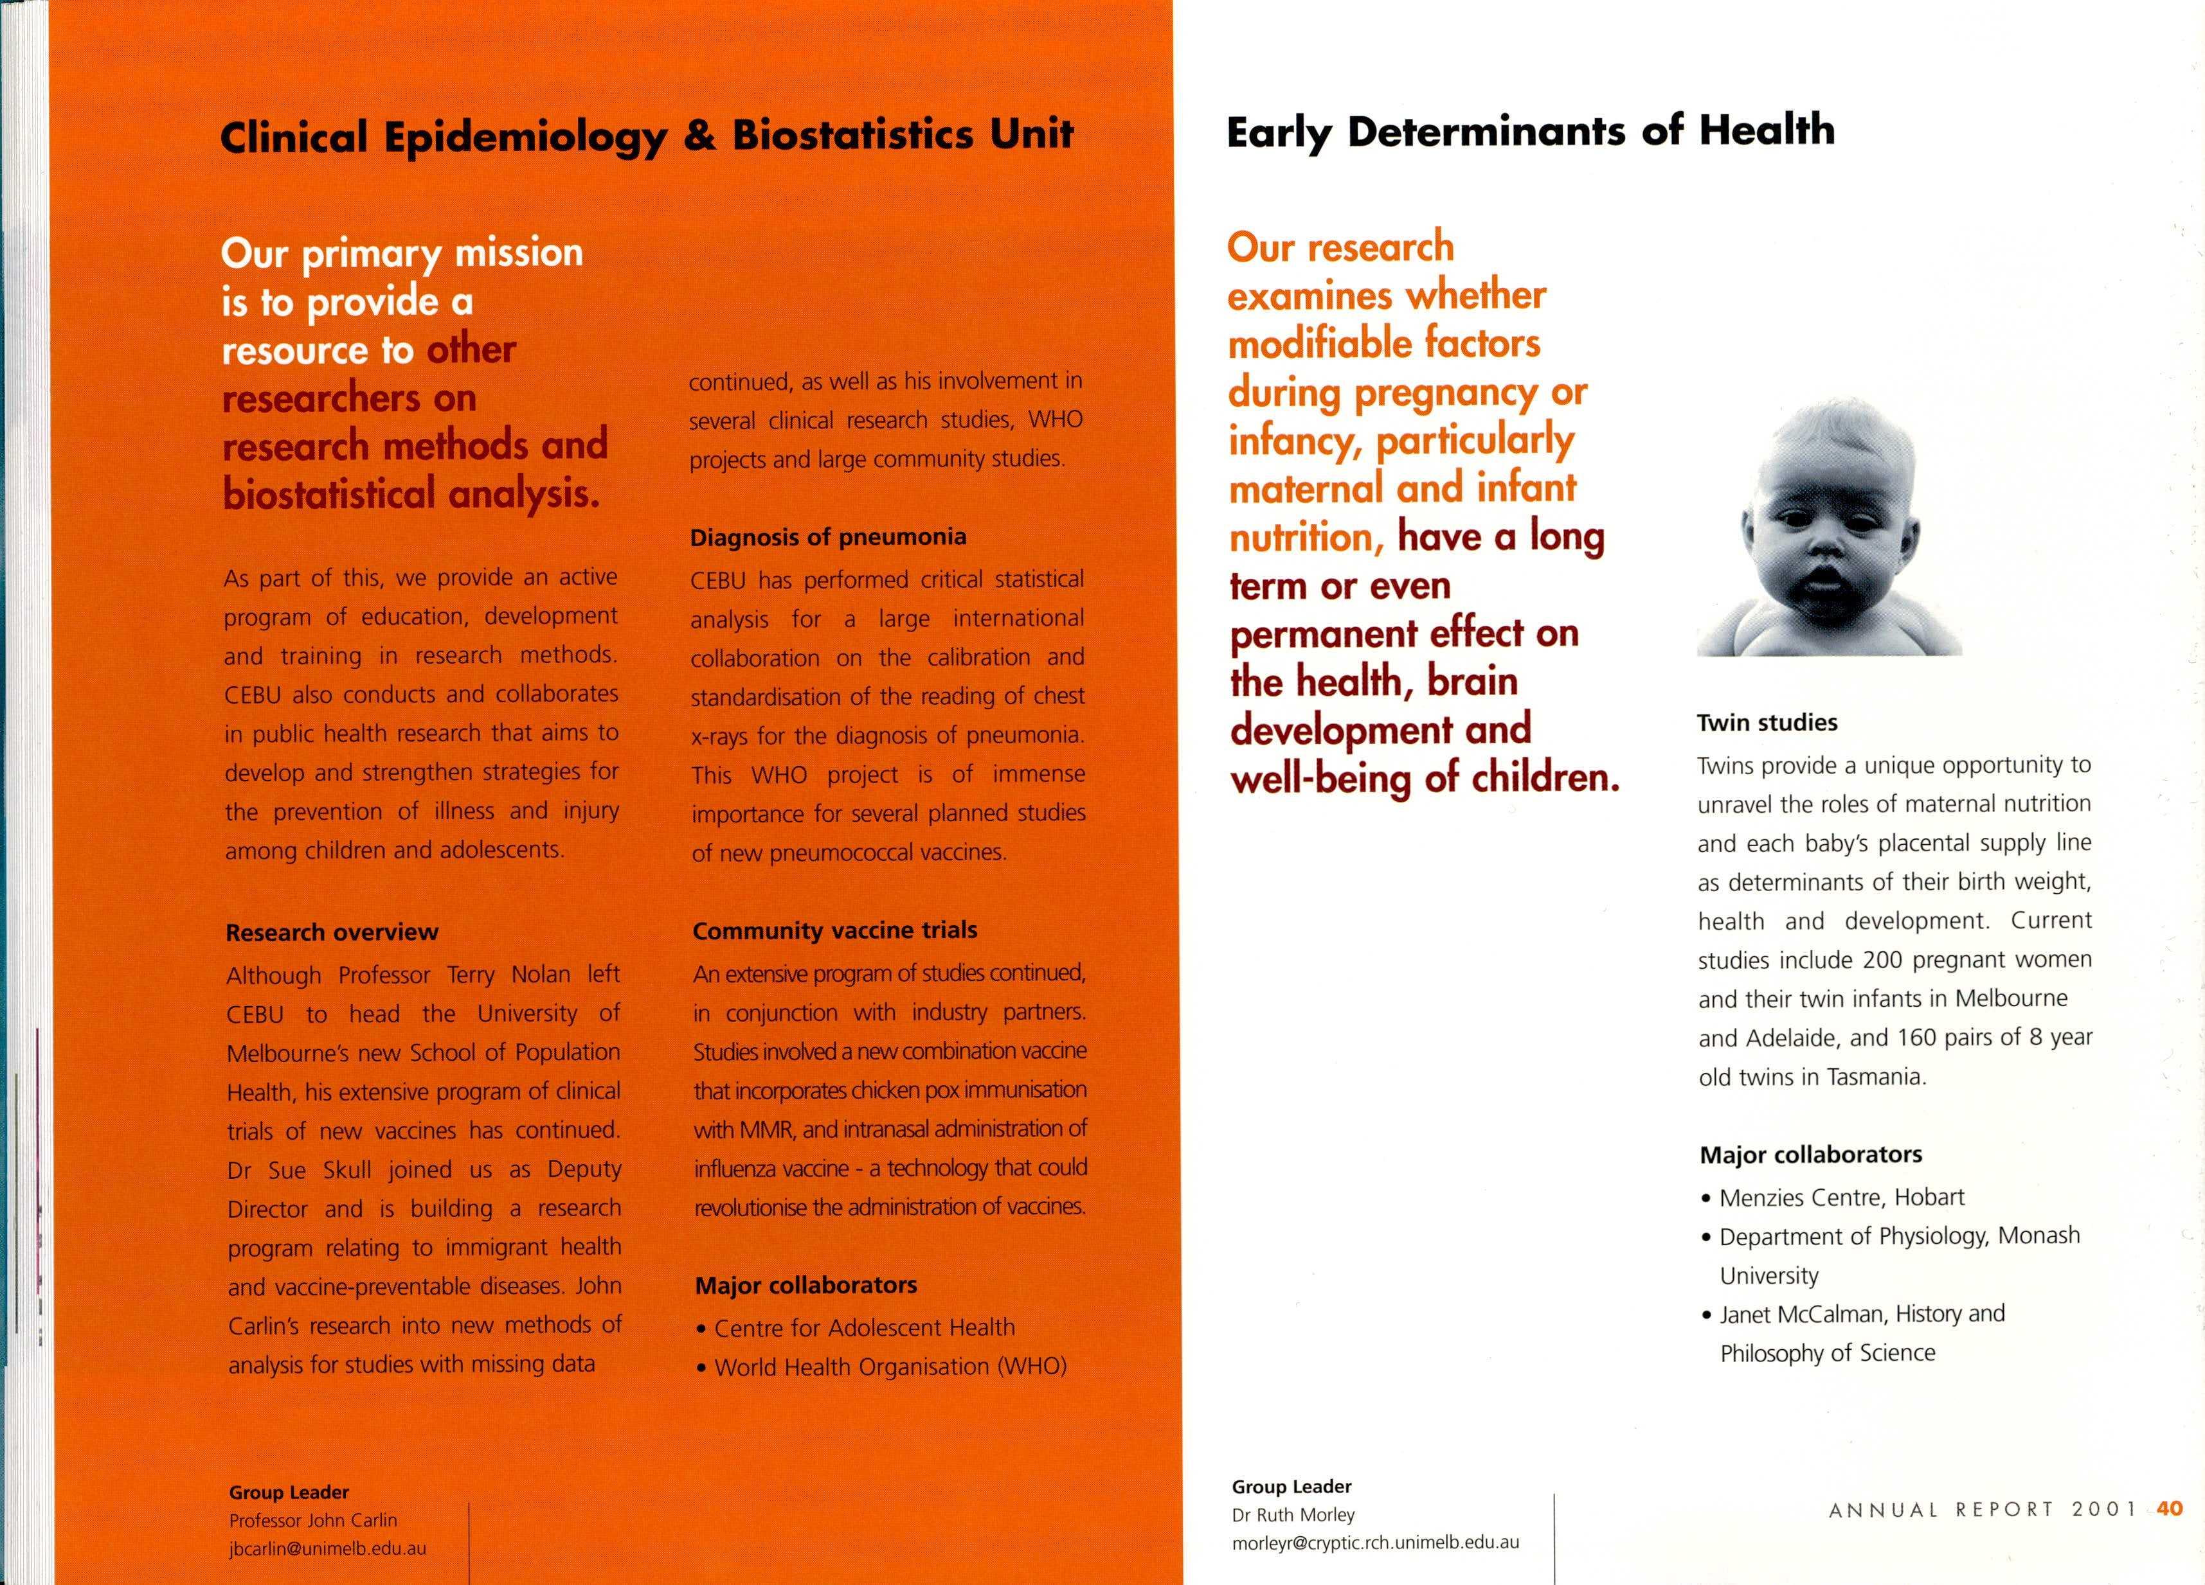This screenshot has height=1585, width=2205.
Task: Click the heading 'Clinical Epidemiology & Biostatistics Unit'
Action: point(647,135)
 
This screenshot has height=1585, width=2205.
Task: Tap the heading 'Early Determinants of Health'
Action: point(1530,131)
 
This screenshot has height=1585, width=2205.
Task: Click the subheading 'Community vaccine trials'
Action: point(835,930)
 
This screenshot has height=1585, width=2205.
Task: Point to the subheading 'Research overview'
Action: point(332,932)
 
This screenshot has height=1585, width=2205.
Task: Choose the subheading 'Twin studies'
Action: point(1767,723)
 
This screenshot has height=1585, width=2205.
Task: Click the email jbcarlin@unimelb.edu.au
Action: point(328,1548)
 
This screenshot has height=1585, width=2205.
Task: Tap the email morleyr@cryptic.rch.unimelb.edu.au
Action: point(1374,1542)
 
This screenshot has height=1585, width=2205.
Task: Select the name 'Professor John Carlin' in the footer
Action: point(313,1520)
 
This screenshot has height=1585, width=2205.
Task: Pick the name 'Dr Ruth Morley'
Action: point(1293,1514)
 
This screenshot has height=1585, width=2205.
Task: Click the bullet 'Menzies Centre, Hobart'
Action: point(1841,1197)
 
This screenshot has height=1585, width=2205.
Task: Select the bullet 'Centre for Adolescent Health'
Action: point(864,1327)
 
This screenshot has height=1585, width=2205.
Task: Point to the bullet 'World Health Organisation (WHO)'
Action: point(890,1367)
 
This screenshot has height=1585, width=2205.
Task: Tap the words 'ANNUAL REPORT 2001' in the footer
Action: point(1983,1509)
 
